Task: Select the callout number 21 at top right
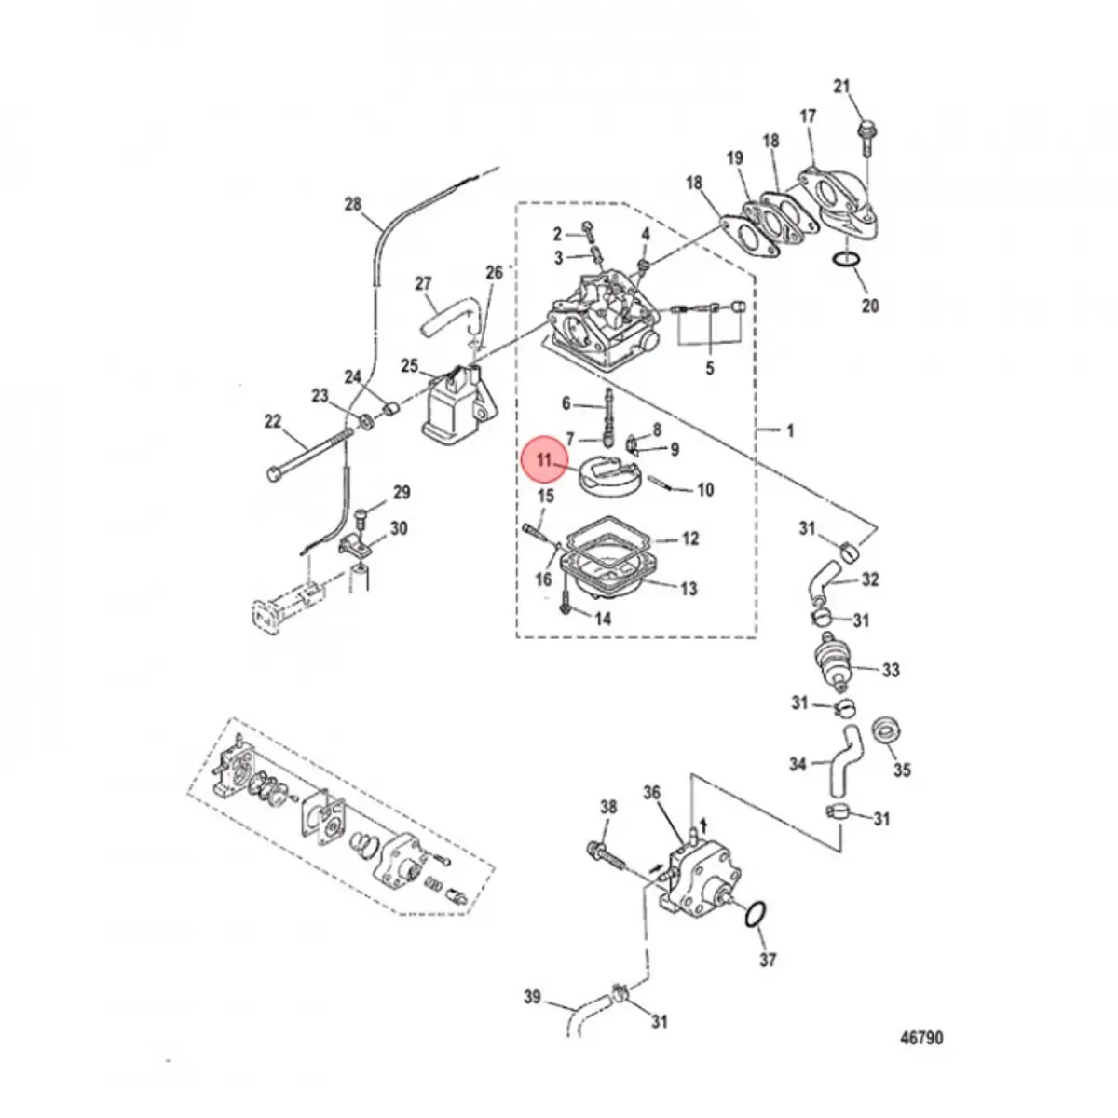pos(842,87)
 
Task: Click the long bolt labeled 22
pos(307,454)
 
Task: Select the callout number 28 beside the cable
pos(351,204)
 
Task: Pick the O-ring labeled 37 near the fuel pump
pos(755,915)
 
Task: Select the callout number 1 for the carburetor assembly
pos(790,430)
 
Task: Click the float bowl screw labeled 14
pos(567,607)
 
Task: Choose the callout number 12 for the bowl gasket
pos(689,539)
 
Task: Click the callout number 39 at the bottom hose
pos(531,998)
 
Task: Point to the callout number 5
pos(709,368)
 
